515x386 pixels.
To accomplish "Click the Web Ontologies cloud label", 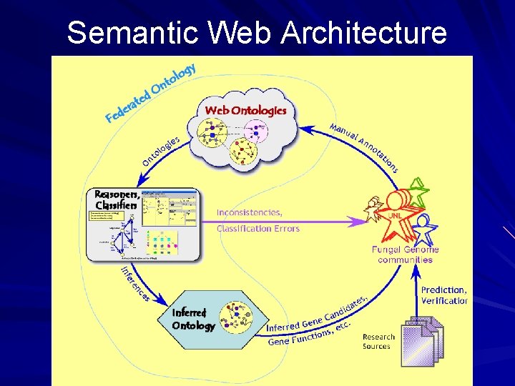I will (245, 110).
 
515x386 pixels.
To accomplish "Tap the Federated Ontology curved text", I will (150, 93).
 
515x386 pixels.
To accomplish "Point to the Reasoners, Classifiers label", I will (116, 200).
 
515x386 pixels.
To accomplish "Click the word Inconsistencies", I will (250, 212).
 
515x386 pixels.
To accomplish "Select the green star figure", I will (416, 193).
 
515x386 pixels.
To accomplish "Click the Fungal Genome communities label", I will (405, 254).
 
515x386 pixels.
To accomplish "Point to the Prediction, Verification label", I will (443, 295).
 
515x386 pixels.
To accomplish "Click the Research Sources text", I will (378, 342).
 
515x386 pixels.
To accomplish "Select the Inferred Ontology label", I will (193, 320).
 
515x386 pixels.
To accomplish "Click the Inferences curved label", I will (134, 283).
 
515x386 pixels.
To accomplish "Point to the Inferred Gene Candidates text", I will (315, 315).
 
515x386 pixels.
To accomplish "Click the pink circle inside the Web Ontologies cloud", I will (255, 131).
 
